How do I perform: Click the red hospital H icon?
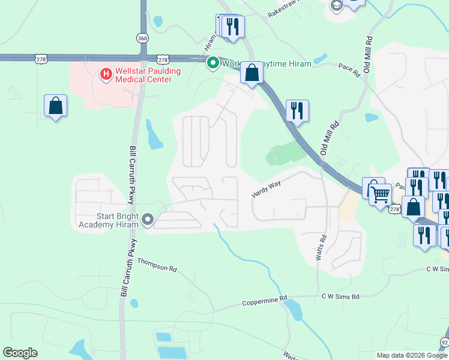point(106,74)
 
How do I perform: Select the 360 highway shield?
point(142,38)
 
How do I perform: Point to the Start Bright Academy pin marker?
point(148,221)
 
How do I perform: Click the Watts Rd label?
point(322,247)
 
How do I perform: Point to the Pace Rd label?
point(349,70)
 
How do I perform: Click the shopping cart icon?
point(380,194)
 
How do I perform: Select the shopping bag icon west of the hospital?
point(55,106)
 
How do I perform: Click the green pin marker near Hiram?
point(212,62)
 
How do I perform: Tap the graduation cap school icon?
point(336,5)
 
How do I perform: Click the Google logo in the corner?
point(20,353)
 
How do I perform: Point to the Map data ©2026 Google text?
point(412,355)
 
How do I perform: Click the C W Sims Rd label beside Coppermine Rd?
point(340,296)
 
